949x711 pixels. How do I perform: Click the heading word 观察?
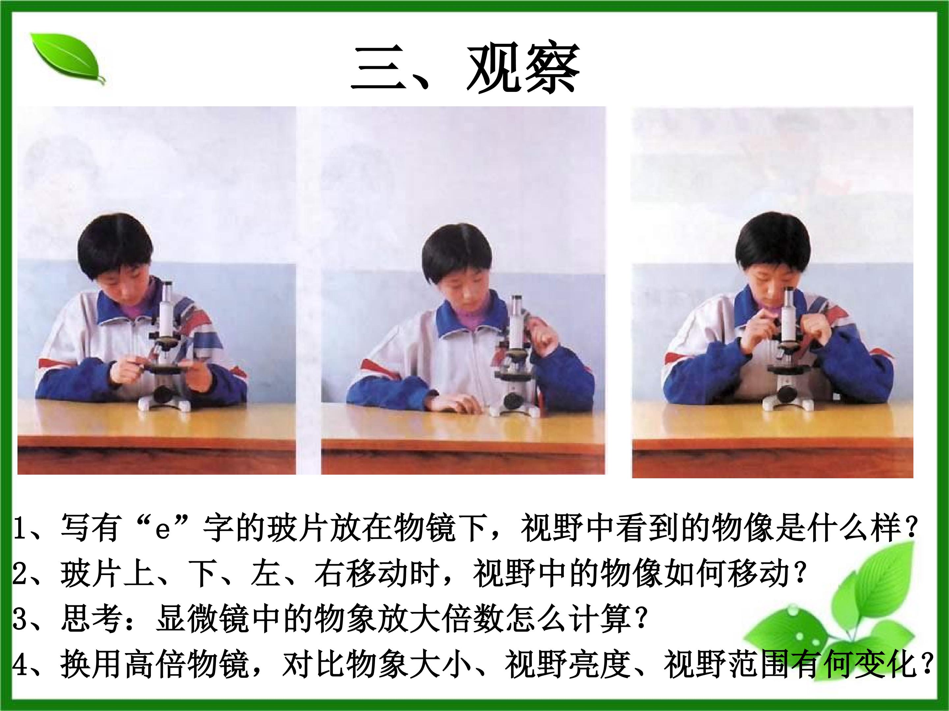point(523,68)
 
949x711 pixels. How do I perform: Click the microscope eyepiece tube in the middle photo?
point(517,321)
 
